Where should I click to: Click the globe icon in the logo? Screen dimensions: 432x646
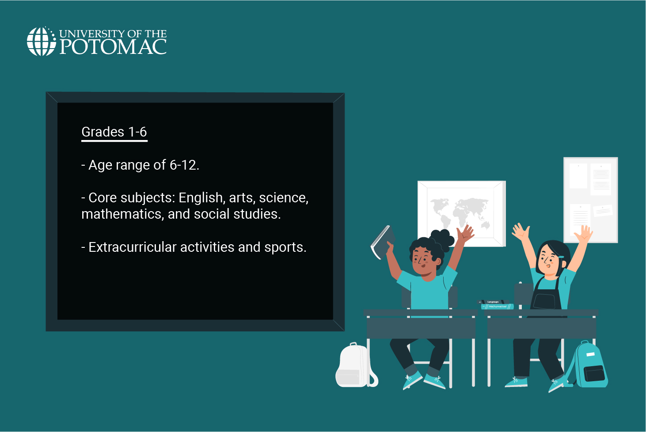point(41,42)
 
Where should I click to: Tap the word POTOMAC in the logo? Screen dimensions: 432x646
point(113,47)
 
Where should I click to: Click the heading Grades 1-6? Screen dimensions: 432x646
point(114,132)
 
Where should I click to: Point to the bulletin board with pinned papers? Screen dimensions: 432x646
point(590,200)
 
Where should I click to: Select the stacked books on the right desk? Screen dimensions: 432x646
point(497,305)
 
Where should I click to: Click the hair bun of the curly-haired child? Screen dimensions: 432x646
point(443,239)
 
